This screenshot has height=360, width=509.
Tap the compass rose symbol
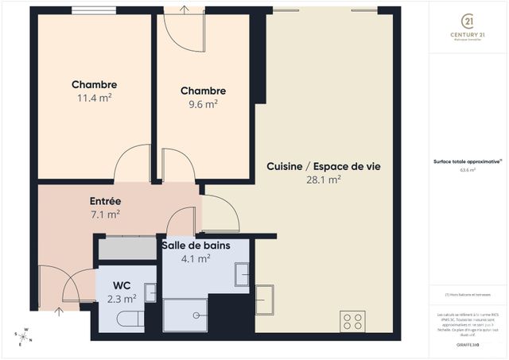click(24, 337)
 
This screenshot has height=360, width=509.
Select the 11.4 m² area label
click(94, 98)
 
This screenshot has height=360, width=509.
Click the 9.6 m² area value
click(203, 103)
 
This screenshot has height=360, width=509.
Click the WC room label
click(122, 285)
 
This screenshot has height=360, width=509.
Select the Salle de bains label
click(196, 246)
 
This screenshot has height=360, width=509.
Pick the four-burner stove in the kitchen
click(352, 321)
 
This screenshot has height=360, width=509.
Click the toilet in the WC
click(127, 319)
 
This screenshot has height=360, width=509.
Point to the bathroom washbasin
click(242, 275)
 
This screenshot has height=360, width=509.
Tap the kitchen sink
click(264, 299)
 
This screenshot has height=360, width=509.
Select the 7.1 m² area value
click(105, 214)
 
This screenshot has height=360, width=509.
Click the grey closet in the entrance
click(127, 248)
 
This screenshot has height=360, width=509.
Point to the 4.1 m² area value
click(196, 258)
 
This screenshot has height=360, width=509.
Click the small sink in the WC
click(150, 292)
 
